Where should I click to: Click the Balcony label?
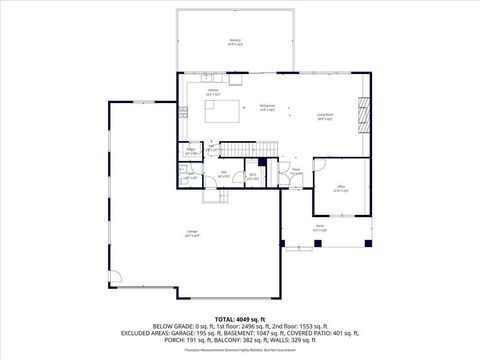[234, 42]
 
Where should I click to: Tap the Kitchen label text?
[213, 92]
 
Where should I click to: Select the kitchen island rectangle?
[225, 110]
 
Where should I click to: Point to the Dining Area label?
[267, 108]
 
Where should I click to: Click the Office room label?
[340, 189]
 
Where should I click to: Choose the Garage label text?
[190, 234]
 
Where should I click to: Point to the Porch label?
[320, 228]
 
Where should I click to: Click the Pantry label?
[191, 152]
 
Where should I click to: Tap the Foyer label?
[297, 171]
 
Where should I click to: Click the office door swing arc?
[322, 167]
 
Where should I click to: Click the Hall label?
[224, 174]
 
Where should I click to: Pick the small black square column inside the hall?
[262, 162]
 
